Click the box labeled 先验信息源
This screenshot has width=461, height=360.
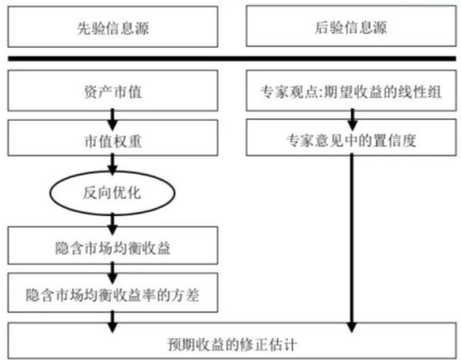point(113,27)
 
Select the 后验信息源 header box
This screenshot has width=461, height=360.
point(351,27)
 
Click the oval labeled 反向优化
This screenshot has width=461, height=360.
point(113,193)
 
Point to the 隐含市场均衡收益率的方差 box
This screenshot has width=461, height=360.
point(113,294)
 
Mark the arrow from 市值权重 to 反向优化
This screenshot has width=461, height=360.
point(113,165)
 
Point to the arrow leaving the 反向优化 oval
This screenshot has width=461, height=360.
point(113,218)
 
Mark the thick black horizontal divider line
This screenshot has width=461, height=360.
point(231,58)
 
